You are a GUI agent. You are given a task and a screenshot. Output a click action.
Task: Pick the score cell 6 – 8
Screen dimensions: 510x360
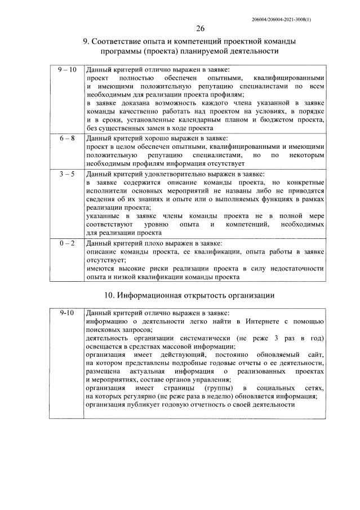pyautogui.click(x=66, y=138)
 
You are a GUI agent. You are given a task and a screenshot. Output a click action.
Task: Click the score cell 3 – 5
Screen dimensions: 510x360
pyautogui.click(x=66, y=174)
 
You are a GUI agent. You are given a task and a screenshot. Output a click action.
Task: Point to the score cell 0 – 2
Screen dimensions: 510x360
pyautogui.click(x=66, y=243)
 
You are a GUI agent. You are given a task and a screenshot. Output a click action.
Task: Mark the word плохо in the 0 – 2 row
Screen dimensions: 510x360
pyautogui.click(x=150, y=243)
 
